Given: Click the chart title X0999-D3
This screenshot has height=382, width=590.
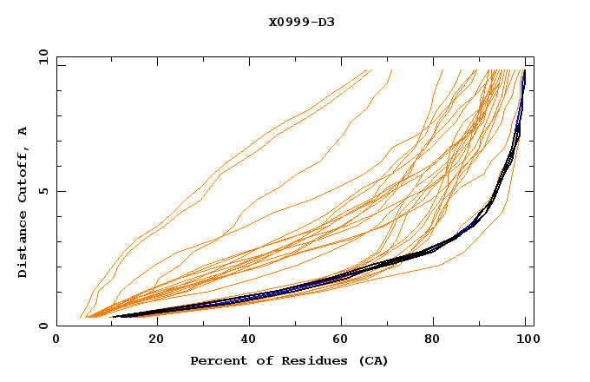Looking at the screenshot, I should click(x=301, y=22).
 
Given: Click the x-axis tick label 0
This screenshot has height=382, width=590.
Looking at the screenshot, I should click(x=56, y=340).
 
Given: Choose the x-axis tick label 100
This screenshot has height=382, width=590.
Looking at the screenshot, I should click(x=526, y=340).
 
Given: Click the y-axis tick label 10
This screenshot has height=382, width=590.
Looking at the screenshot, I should click(x=43, y=56).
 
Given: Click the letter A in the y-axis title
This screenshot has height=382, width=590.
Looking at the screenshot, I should click(x=23, y=130).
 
